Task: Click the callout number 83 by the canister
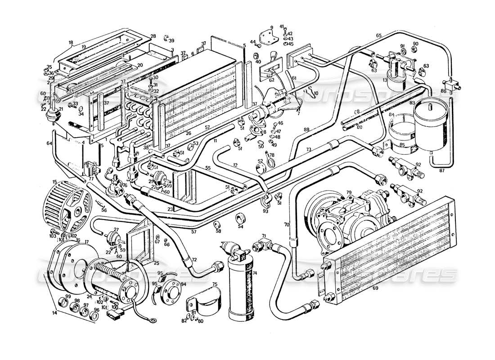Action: tap(412, 103)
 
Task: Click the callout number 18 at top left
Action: tap(71, 43)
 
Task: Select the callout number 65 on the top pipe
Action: tap(379, 35)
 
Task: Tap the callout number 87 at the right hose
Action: tap(441, 171)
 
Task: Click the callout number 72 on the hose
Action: tap(195, 260)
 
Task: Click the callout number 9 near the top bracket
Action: tap(272, 27)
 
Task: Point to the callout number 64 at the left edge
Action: tap(49, 144)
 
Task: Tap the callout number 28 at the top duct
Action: tap(153, 36)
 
